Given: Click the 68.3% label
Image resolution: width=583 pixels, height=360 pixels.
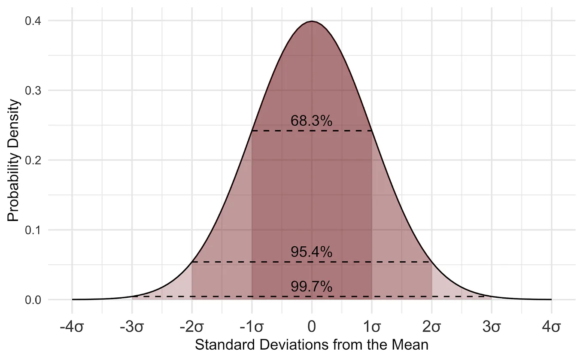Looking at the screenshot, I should point(311,121).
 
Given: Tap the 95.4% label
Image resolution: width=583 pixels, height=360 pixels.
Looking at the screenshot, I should point(311,252).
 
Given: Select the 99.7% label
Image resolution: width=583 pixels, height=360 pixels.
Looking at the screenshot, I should point(311,287).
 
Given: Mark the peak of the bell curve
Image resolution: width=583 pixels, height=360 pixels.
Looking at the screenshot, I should point(312,21).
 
